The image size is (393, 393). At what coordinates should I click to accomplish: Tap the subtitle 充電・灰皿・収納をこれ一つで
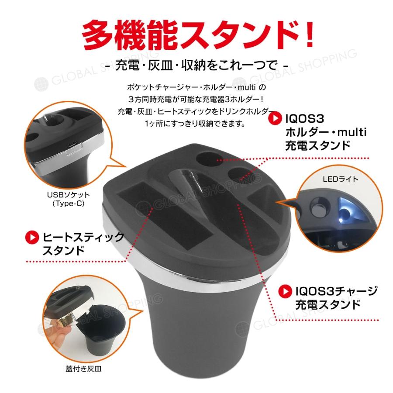point(196,65)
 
